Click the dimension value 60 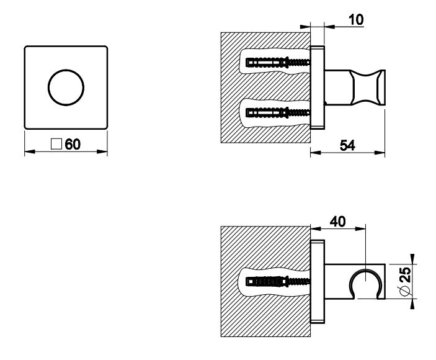tap(73, 145)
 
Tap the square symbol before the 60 tap(56, 145)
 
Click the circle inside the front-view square tap(66, 88)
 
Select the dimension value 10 tap(355, 19)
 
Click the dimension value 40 tap(338, 222)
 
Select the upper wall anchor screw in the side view tap(277, 63)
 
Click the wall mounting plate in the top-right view tap(317, 88)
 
